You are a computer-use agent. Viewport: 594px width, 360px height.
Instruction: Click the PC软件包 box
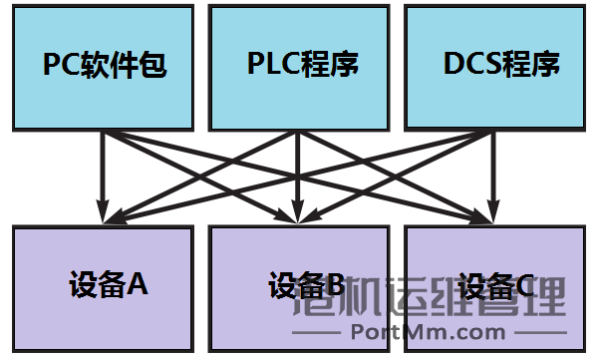pyautogui.click(x=102, y=66)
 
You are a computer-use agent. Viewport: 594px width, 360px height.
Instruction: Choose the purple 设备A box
pyautogui.click(x=102, y=287)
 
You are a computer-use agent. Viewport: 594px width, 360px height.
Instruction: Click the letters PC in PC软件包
pyautogui.click(x=60, y=66)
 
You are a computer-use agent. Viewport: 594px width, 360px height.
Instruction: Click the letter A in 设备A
pyautogui.click(x=138, y=285)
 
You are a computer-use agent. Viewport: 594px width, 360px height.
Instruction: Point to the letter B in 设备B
pyautogui.click(x=335, y=286)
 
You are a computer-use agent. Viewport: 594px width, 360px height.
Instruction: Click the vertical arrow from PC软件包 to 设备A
pyautogui.click(x=102, y=170)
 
